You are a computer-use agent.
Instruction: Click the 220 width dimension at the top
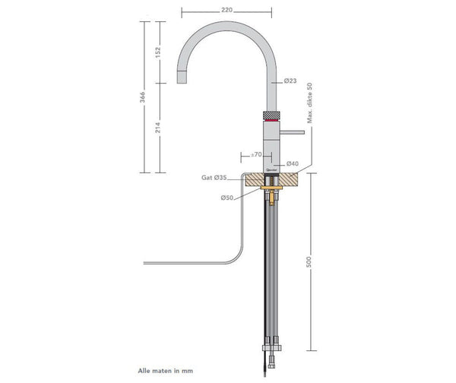point(226,11)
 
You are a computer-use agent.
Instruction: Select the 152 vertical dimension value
point(157,52)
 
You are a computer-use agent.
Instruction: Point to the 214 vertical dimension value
point(157,129)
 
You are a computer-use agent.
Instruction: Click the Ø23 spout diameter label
point(290,81)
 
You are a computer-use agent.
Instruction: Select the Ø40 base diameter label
point(292,164)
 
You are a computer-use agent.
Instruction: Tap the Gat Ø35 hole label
point(214,177)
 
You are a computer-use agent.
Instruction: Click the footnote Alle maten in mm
point(164,372)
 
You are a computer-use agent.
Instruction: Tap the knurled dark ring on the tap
point(271,114)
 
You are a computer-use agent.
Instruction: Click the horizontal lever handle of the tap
point(292,132)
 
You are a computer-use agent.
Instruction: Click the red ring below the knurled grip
point(271,121)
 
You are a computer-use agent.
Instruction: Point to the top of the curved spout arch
point(226,24)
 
